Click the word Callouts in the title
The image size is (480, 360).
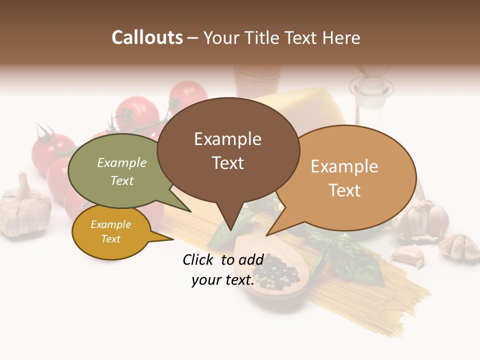pos(147,37)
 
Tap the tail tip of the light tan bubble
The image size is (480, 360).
pos(267,235)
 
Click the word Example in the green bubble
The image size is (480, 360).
pos(122,163)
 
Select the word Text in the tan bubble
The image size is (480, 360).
pos(344,190)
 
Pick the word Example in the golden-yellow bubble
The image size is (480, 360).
pos(110,224)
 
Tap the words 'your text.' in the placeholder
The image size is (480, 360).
pos(223,280)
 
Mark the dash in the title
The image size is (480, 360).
pos(193,38)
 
